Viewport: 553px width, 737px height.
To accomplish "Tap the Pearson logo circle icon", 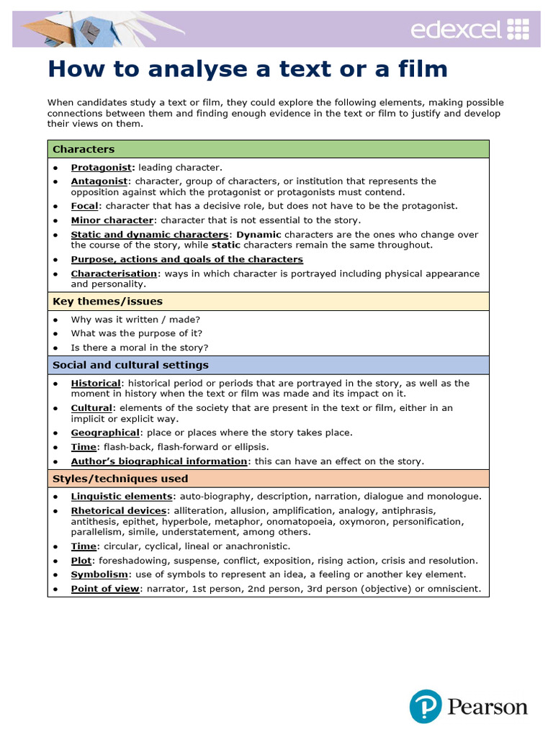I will (426, 706).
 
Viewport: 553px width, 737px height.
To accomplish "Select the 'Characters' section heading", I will (84, 149).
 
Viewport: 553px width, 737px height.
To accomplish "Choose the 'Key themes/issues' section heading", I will (107, 301).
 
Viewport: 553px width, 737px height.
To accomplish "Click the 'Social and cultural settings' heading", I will (130, 365).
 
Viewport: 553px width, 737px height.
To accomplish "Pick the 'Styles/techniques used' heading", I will (120, 479).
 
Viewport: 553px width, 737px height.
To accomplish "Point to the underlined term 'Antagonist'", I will (99, 181).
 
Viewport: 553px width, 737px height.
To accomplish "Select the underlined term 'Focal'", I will (84, 206).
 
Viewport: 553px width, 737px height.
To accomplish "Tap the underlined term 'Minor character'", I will (112, 220).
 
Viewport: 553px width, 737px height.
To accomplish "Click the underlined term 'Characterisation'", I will (114, 273).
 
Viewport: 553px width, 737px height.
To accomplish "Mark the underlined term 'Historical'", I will (96, 383).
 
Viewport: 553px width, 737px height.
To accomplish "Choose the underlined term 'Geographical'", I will (105, 433).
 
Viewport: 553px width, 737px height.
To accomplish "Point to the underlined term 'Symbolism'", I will (99, 574).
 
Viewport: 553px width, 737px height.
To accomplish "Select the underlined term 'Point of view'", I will (105, 589).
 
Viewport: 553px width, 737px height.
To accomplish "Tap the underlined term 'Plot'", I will (81, 560).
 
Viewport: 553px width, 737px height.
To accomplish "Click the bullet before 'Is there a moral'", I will (55, 348).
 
